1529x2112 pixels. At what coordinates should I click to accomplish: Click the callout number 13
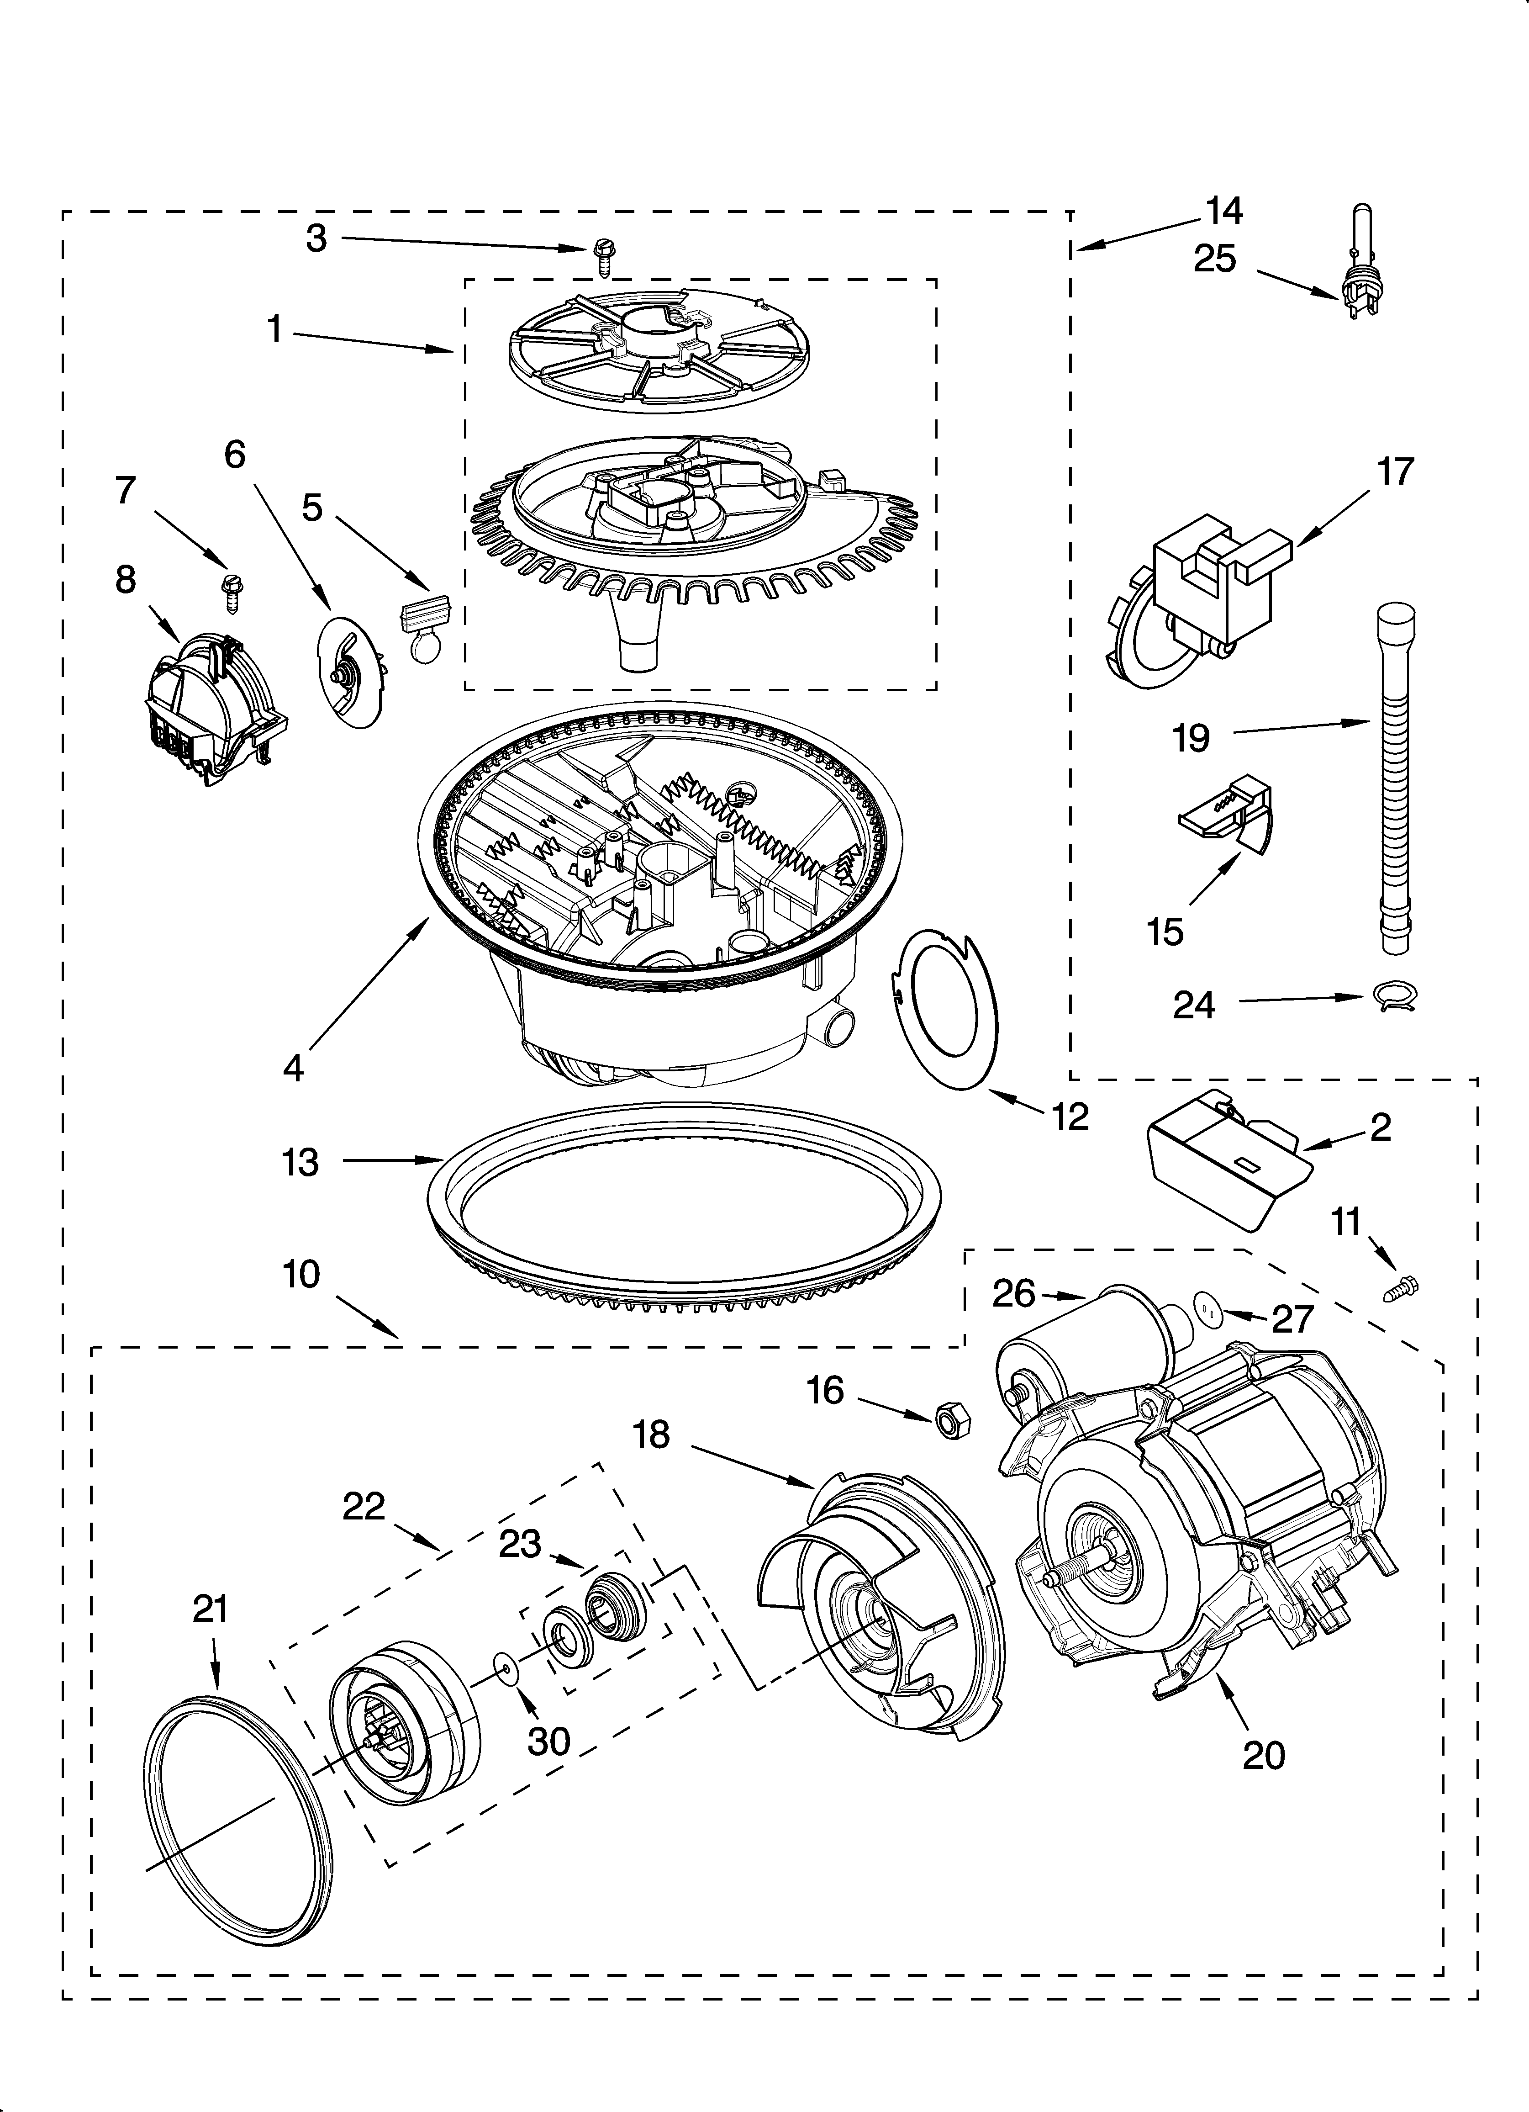(x=300, y=1162)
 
